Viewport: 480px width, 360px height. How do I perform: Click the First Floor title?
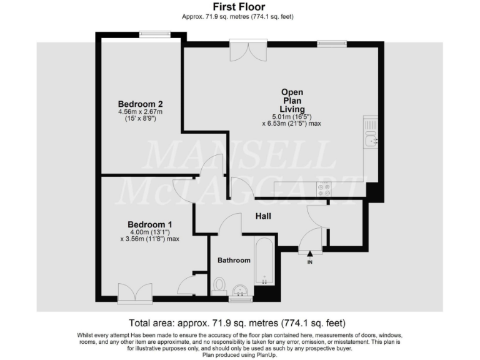tap(239, 6)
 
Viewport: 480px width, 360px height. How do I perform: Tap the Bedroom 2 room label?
tap(141, 104)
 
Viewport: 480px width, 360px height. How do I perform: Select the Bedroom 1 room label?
tap(149, 224)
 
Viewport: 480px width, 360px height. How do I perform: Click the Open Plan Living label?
tap(292, 100)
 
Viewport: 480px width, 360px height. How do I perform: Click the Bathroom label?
tap(234, 260)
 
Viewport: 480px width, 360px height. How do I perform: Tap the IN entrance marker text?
tap(309, 261)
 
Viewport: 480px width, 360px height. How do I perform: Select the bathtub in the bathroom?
tap(264, 261)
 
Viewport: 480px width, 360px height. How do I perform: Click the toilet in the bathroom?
tap(219, 286)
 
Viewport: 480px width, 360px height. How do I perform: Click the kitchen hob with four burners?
tap(324, 189)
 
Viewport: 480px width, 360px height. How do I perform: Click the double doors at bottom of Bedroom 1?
tap(134, 293)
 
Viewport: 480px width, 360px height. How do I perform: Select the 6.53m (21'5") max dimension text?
tap(291, 124)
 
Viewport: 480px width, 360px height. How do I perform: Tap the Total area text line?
tap(237, 323)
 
